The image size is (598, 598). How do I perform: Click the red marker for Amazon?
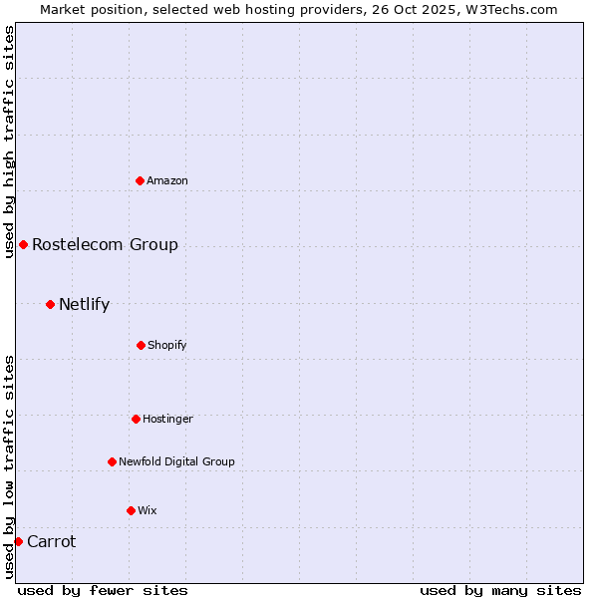(140, 180)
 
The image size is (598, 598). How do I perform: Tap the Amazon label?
(167, 180)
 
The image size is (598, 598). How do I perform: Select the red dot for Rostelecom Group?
(23, 244)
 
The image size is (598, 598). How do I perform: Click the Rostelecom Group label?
(105, 244)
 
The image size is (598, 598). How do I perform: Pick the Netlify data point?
(50, 304)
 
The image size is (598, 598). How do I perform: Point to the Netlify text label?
(84, 304)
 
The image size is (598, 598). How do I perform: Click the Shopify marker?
(141, 345)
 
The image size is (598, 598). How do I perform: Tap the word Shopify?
(167, 345)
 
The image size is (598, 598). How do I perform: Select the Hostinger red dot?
(136, 419)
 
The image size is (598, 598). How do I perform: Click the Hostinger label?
(167, 419)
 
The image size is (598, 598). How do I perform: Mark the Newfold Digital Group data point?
(112, 461)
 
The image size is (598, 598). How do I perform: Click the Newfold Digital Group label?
(176, 461)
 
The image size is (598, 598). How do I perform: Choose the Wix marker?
(131, 510)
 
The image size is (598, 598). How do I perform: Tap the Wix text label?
(148, 510)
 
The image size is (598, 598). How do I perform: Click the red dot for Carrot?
(18, 541)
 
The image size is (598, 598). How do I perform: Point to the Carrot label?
(51, 541)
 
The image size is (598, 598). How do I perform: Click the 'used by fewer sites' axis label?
(103, 590)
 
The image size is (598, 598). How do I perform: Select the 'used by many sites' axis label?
(500, 590)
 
